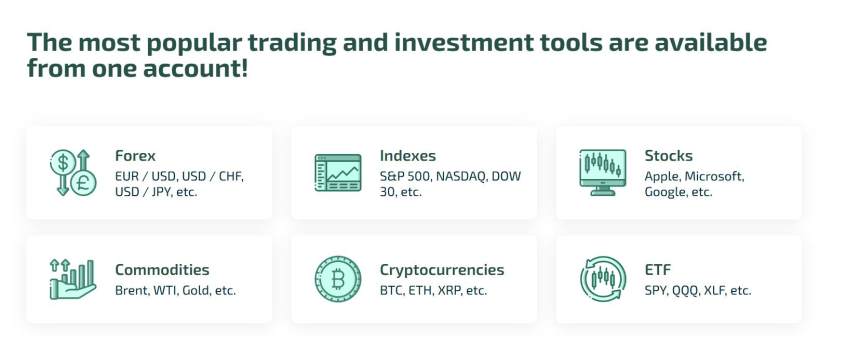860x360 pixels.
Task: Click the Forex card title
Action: click(135, 156)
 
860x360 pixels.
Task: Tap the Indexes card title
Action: click(408, 156)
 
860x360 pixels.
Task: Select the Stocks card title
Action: click(669, 156)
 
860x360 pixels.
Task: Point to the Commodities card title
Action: click(162, 270)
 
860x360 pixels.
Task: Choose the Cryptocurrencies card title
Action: click(442, 270)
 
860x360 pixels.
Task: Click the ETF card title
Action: click(658, 270)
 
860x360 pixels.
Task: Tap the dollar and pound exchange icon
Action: click(73, 173)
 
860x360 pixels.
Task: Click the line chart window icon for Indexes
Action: click(338, 173)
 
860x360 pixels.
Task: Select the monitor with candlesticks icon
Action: click(603, 172)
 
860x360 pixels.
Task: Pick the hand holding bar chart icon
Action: click(73, 279)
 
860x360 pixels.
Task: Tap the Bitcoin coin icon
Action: click(338, 279)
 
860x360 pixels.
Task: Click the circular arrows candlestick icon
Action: click(603, 279)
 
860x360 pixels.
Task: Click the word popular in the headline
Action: click(193, 43)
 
